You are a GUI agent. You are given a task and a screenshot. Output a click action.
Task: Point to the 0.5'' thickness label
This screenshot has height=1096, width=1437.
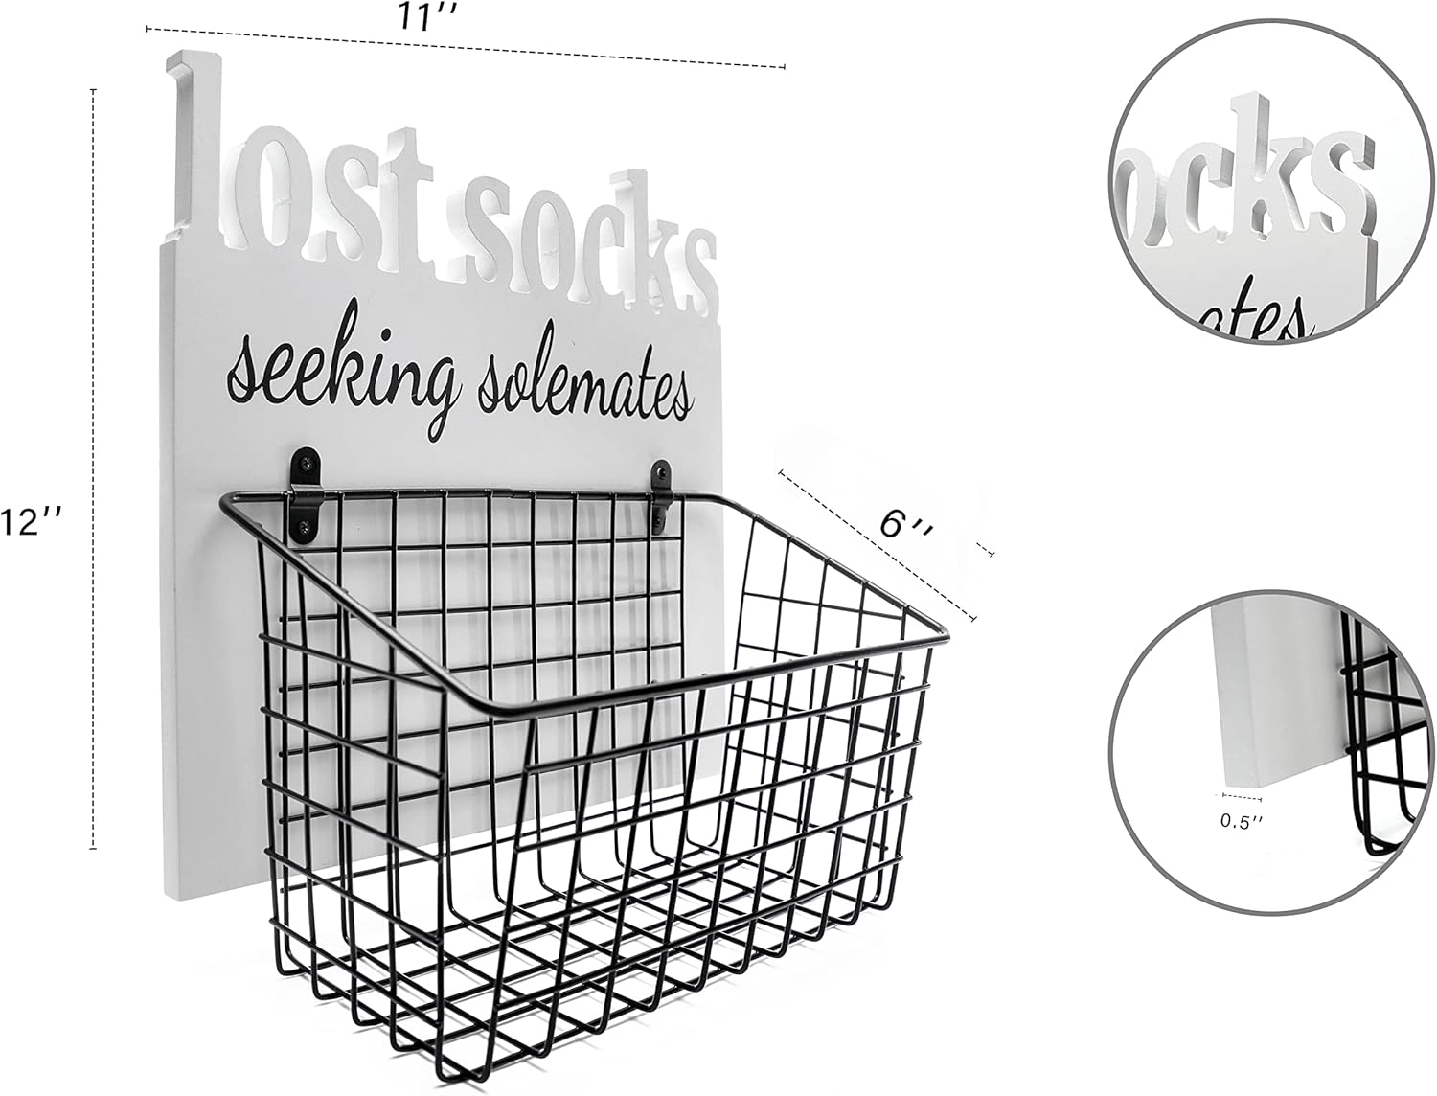[x=1242, y=821]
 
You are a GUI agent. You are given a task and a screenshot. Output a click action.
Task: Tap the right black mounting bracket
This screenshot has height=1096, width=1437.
[x=659, y=496]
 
